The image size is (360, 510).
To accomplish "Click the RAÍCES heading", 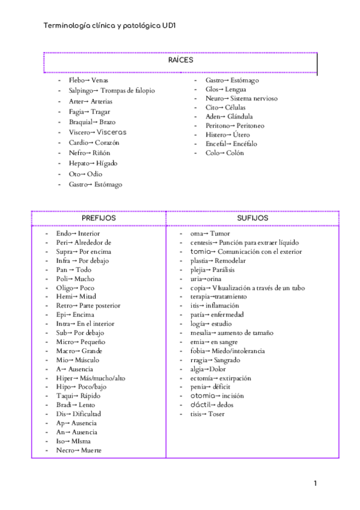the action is tap(180, 60).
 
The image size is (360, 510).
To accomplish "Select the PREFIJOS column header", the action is tap(99, 218).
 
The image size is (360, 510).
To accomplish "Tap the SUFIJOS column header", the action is tap(252, 218).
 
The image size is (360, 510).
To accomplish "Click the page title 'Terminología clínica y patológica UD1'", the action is tap(109, 26).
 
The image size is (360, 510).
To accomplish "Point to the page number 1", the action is tap(315, 483).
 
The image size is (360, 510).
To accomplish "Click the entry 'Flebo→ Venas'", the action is tap(88, 80).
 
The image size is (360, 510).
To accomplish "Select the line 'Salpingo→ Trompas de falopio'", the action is tap(112, 90).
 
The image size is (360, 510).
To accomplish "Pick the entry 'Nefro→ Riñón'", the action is tap(90, 153).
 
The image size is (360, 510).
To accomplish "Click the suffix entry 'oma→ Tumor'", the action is tap(210, 233).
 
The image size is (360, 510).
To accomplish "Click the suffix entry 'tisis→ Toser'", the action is tap(207, 414).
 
